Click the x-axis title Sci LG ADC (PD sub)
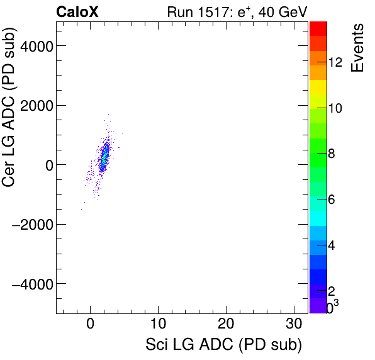point(223,346)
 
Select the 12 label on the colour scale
point(335,62)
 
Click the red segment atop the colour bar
point(318,28)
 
